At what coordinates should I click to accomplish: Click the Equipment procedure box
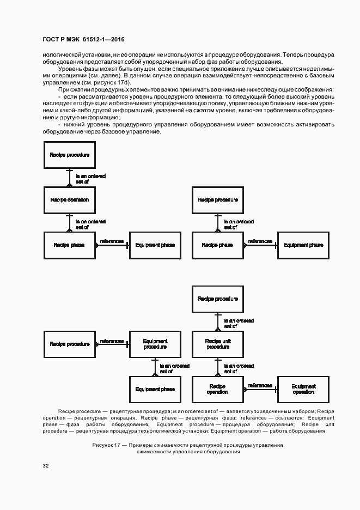155,344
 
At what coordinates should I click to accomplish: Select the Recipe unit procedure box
218,344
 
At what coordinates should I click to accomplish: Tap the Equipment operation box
303,390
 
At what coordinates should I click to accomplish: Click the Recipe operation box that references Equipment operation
218,390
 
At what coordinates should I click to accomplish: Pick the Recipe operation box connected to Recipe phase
69,200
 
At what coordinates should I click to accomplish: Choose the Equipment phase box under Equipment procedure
155,390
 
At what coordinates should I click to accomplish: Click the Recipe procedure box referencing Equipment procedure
69,344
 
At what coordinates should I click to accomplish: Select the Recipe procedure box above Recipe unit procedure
218,299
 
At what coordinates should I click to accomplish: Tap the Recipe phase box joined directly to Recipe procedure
218,245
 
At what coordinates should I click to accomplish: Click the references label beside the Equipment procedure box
112,341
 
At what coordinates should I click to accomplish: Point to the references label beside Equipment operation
260,385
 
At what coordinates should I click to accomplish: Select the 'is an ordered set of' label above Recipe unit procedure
238,324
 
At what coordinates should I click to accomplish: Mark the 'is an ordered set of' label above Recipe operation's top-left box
90,178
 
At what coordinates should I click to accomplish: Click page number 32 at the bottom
46,466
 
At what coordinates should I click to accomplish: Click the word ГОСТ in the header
51,39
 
